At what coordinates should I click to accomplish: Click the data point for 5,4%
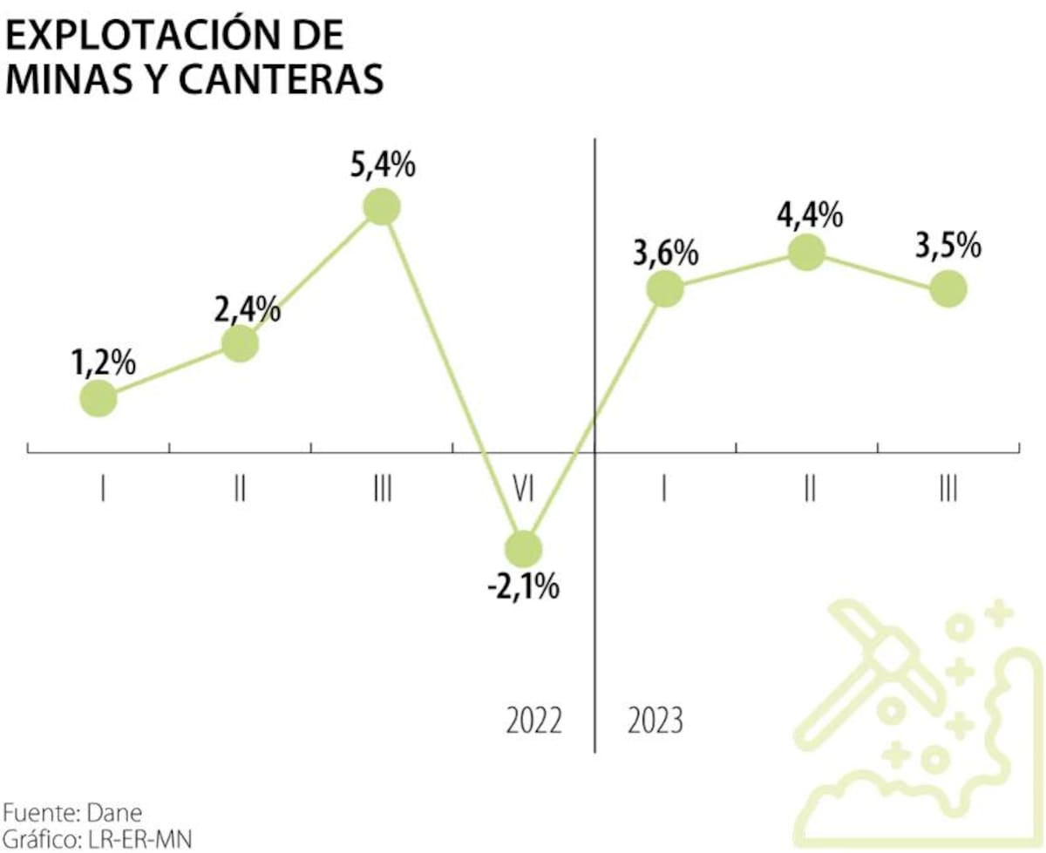point(382,206)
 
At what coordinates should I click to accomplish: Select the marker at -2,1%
point(523,549)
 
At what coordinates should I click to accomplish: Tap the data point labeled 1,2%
point(98,398)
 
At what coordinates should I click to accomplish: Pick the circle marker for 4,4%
point(806,253)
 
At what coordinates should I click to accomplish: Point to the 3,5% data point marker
point(948,288)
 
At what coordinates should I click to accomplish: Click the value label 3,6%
point(666,254)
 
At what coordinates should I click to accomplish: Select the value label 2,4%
point(247,309)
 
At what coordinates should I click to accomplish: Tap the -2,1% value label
point(523,588)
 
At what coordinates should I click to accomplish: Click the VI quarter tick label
point(523,491)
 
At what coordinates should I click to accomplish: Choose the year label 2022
point(533,721)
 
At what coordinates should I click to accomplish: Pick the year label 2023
point(655,721)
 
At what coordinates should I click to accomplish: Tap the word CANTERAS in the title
point(282,78)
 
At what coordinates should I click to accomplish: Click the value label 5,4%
point(383,165)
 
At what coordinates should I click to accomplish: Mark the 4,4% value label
point(810,216)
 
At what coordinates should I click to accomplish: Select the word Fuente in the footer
point(41,813)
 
